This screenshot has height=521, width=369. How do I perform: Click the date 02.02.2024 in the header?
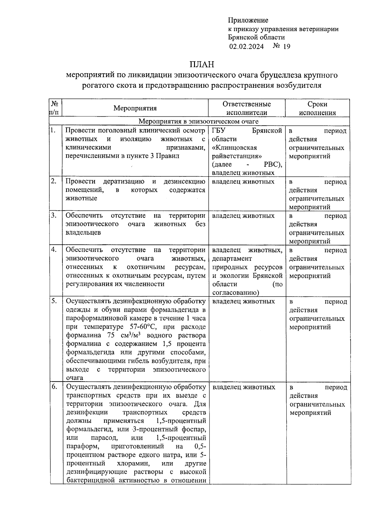click(x=246, y=46)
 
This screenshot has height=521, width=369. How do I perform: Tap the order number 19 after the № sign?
click(x=286, y=46)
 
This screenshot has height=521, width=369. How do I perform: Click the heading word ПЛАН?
click(x=201, y=64)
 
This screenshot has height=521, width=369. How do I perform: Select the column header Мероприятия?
click(x=135, y=108)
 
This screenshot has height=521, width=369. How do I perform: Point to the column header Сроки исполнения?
click(x=317, y=108)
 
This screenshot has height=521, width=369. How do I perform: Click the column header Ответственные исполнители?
click(x=247, y=108)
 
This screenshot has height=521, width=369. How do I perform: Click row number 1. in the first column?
click(x=53, y=131)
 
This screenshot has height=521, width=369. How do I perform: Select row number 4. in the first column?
click(x=54, y=250)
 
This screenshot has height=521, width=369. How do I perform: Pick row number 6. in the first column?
click(x=54, y=387)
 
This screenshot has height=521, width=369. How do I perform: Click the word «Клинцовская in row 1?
click(x=234, y=147)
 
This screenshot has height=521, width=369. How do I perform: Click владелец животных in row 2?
click(x=243, y=182)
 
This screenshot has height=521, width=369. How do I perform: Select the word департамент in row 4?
click(x=232, y=258)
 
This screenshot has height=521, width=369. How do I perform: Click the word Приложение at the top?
click(x=248, y=20)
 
